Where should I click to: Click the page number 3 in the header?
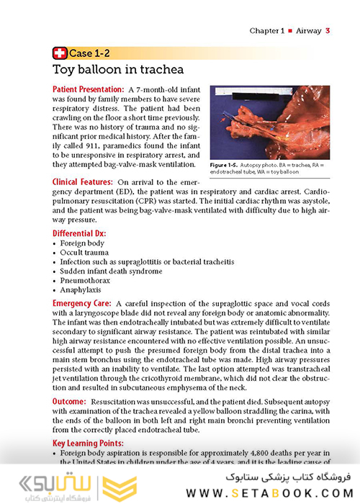coord(328,30)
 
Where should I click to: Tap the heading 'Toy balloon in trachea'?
coord(118,70)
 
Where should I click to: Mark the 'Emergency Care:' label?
coord(81,305)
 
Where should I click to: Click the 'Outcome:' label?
coord(71,400)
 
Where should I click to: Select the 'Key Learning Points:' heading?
coord(88,443)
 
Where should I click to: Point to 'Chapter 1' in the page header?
coord(268,30)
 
